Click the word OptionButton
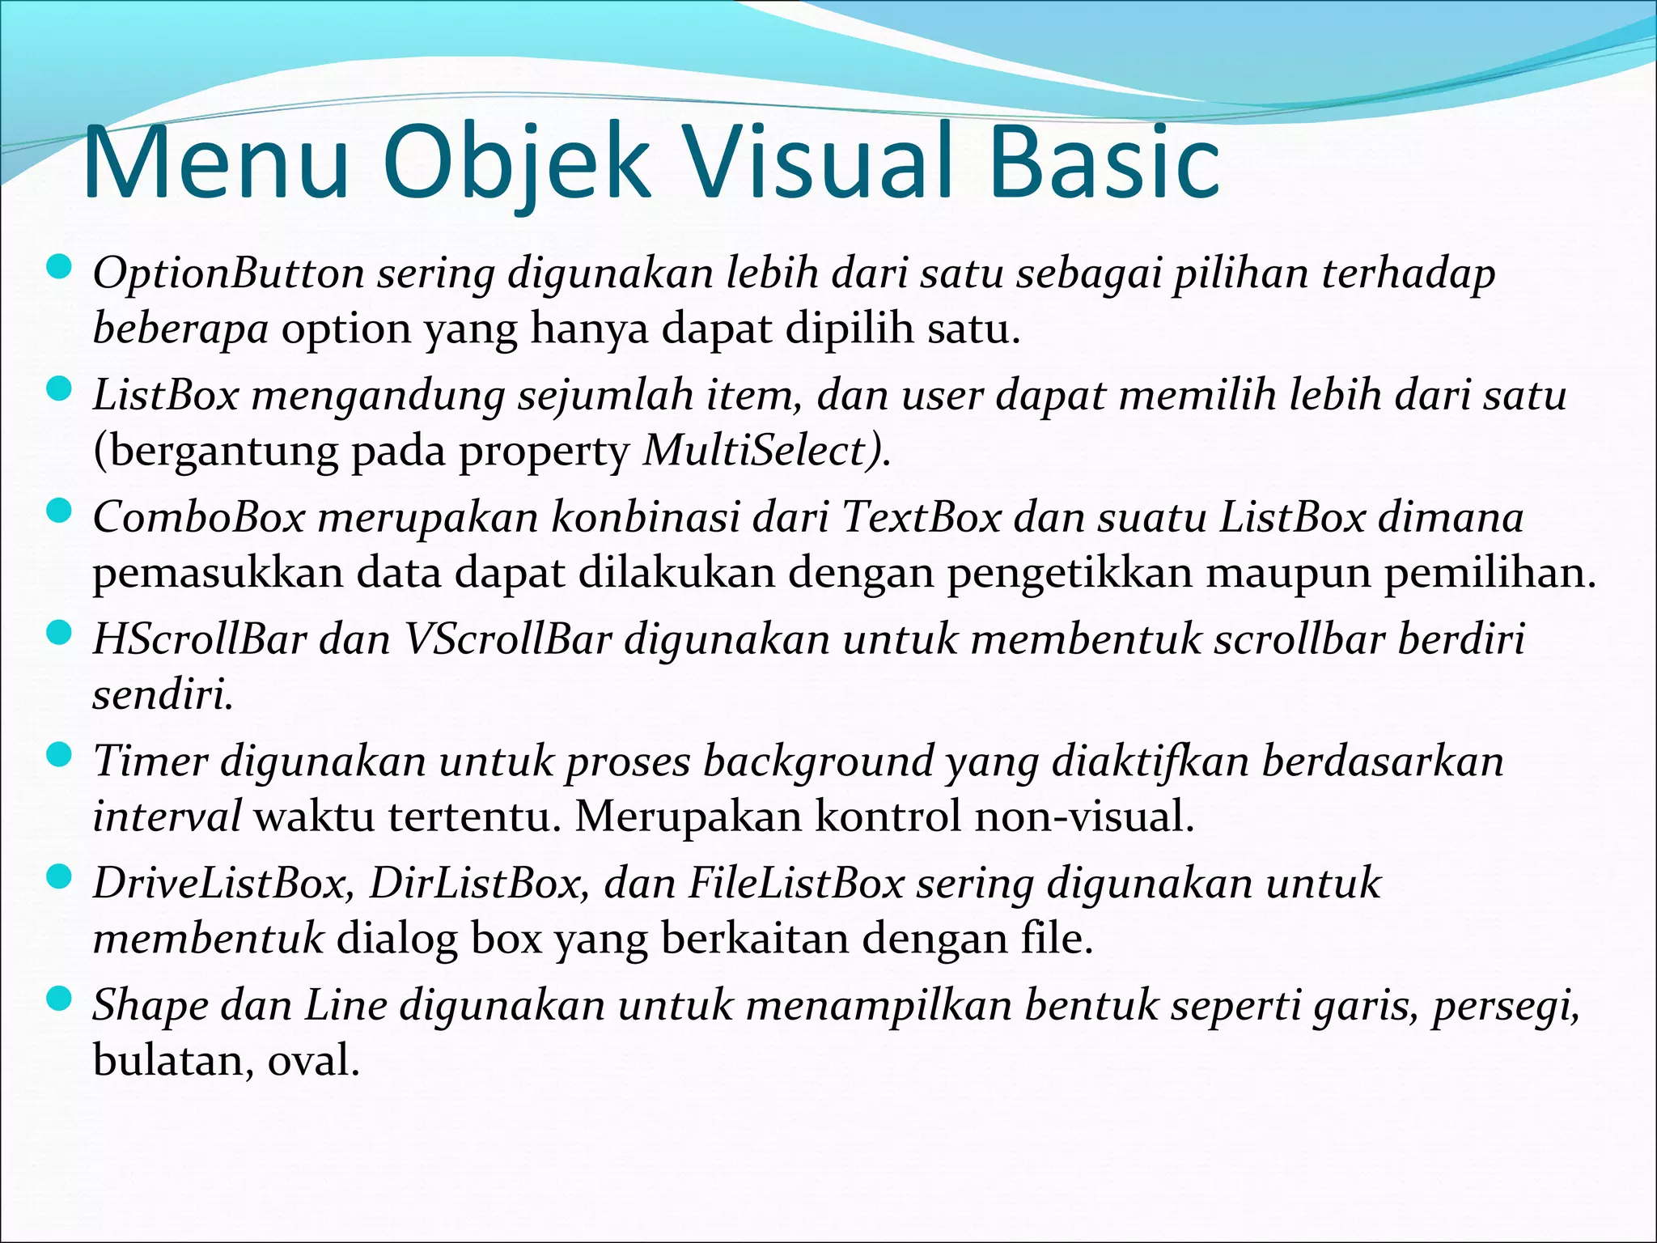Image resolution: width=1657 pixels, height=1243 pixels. click(229, 274)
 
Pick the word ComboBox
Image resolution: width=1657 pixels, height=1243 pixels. click(199, 517)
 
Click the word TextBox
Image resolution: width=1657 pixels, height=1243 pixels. click(922, 517)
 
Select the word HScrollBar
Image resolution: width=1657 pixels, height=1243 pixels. click(200, 639)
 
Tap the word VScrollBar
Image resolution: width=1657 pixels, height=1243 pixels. click(507, 639)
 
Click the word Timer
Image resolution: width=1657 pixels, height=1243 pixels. click(150, 761)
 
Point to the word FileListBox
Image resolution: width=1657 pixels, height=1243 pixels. click(796, 884)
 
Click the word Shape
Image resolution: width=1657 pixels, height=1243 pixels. click(150, 1006)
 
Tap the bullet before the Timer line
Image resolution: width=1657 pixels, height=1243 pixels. click(60, 757)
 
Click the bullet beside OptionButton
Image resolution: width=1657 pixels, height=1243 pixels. click(60, 267)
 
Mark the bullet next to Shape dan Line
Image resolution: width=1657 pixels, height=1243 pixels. click(60, 1000)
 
